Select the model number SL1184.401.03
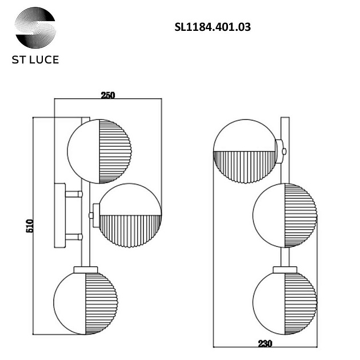[x=212, y=26]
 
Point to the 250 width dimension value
[x=107, y=95]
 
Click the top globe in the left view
[x=99, y=151]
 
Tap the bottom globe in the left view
[x=84, y=301]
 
